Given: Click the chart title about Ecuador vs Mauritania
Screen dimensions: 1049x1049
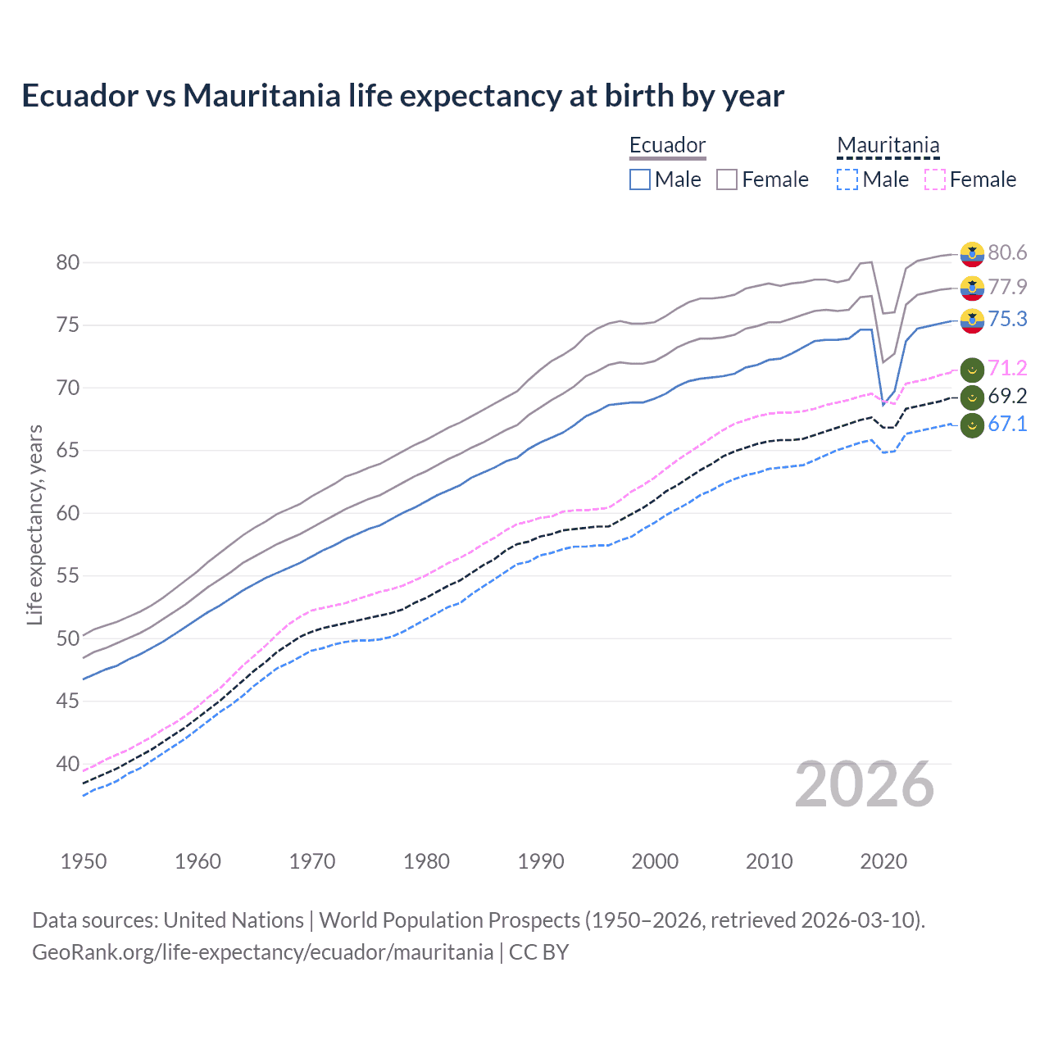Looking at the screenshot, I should click(x=402, y=96).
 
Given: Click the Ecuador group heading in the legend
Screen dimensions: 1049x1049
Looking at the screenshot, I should click(x=667, y=145).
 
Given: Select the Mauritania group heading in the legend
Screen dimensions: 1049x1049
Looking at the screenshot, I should click(x=888, y=145).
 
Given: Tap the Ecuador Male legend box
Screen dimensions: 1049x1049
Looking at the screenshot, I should click(x=640, y=179).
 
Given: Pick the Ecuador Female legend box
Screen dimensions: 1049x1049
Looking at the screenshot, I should click(x=727, y=179).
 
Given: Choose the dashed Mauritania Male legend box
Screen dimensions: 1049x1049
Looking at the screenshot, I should click(x=847, y=179).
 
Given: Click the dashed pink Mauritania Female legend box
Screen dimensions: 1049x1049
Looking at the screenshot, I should click(x=935, y=179).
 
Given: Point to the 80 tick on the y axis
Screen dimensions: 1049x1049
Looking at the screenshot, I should click(x=68, y=262).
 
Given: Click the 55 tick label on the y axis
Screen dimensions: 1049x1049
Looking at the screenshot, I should click(x=68, y=576).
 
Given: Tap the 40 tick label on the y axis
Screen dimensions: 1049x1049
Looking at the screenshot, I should click(x=68, y=764).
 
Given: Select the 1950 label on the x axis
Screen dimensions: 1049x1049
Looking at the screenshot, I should click(x=84, y=861).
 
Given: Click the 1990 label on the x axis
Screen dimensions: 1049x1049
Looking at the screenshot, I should click(x=541, y=861).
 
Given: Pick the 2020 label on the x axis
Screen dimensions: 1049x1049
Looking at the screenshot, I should click(x=883, y=861).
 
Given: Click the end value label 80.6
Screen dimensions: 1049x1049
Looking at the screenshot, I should click(x=1007, y=252).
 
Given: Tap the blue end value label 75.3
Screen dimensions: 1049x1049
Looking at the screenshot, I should click(x=1007, y=319).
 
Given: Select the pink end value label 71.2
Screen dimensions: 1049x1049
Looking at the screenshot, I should click(x=1007, y=368).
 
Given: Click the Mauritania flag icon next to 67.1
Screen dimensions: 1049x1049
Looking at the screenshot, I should click(x=972, y=425).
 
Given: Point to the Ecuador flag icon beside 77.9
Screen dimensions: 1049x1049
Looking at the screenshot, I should click(x=972, y=288).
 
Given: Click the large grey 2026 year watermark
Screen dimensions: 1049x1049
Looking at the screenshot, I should click(x=865, y=784).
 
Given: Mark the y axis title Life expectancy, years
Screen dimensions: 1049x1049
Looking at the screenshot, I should click(x=34, y=524).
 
